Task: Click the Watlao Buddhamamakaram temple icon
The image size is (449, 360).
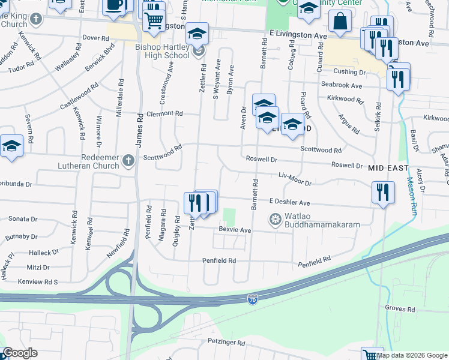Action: (x=275, y=219)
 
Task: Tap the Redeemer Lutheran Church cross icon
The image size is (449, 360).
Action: (x=128, y=161)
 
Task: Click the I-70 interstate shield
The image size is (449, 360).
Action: (x=253, y=298)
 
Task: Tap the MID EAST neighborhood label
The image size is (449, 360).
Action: (x=388, y=168)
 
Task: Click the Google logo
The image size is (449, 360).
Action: (x=19, y=353)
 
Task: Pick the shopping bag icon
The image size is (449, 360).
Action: (x=340, y=21)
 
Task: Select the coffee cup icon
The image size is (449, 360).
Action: (x=114, y=5)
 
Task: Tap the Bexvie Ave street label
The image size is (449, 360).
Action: (x=235, y=230)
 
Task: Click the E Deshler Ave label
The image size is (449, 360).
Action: (x=289, y=203)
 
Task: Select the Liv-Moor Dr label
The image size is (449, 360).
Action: (x=295, y=179)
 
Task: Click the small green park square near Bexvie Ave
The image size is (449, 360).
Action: (x=229, y=217)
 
